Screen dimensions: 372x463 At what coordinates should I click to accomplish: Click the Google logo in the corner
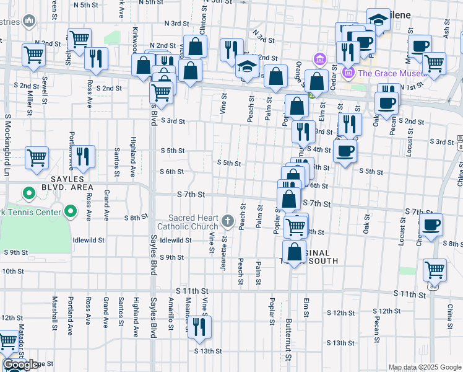pyautogui.click(x=20, y=365)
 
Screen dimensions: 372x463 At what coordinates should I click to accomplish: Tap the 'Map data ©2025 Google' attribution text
pyautogui.click(x=425, y=367)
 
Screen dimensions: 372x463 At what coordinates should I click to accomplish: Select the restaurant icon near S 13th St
pyautogui.click(x=199, y=328)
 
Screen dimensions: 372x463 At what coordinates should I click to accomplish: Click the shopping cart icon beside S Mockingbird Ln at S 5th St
pyautogui.click(x=37, y=157)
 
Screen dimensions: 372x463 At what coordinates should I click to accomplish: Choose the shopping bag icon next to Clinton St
pyautogui.click(x=195, y=46)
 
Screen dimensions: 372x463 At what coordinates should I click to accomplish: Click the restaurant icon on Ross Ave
pyautogui.click(x=96, y=58)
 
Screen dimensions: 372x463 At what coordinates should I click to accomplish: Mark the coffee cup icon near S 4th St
pyautogui.click(x=345, y=150)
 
